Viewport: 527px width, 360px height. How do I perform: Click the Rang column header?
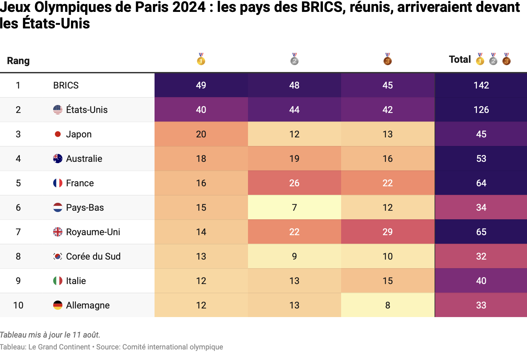click(x=18, y=61)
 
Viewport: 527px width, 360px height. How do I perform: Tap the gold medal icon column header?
click(x=201, y=59)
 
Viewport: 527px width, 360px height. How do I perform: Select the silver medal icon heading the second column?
click(x=294, y=59)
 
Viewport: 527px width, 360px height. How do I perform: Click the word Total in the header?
click(x=460, y=59)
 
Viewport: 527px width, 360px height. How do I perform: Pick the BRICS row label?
click(x=66, y=85)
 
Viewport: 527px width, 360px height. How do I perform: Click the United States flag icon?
click(x=58, y=110)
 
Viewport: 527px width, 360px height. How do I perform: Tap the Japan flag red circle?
click(x=58, y=134)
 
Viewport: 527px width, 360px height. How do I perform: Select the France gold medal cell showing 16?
click(x=201, y=183)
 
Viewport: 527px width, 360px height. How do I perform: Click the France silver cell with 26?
click(x=294, y=183)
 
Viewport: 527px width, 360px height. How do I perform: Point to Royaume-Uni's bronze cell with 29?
click(x=388, y=232)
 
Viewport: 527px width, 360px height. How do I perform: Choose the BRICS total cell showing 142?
click(x=481, y=85)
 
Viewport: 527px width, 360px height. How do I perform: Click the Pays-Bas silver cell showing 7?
click(x=294, y=207)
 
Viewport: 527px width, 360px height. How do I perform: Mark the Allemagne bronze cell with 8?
click(x=388, y=305)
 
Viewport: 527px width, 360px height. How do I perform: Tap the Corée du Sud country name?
click(x=93, y=256)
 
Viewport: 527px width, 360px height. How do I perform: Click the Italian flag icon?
click(x=58, y=281)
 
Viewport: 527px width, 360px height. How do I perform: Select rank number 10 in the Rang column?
click(x=18, y=305)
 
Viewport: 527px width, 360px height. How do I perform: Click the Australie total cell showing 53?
click(x=481, y=159)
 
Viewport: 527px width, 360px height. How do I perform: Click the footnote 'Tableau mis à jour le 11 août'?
click(x=50, y=335)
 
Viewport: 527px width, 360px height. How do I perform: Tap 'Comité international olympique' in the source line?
click(x=172, y=347)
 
